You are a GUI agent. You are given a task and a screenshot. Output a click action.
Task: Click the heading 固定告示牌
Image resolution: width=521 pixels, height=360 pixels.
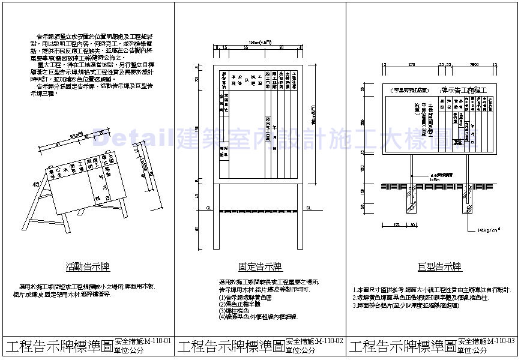point(260,266)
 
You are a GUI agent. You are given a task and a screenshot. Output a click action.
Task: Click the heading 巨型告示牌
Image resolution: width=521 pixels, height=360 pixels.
point(439,266)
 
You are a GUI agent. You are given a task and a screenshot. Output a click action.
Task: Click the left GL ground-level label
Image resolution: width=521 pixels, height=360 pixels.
point(209,208)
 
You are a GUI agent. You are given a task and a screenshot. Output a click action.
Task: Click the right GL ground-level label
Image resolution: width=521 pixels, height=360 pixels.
point(310,208)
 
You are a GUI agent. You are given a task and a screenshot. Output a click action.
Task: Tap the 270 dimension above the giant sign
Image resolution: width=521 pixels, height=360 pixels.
point(411,63)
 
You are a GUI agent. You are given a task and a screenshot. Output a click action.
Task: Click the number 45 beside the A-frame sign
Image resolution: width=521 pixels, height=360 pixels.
point(36,184)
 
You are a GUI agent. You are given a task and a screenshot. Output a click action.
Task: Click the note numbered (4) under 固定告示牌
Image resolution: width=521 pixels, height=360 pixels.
point(258,316)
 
